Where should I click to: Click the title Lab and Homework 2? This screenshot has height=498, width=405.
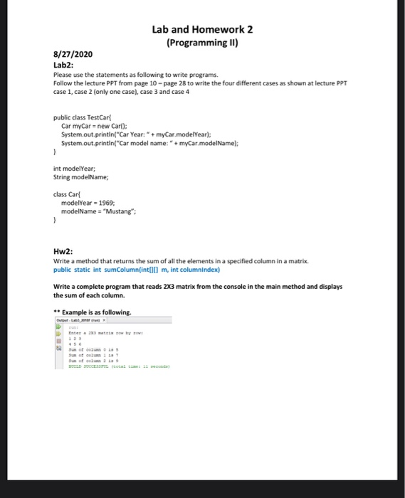[x=202, y=29]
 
